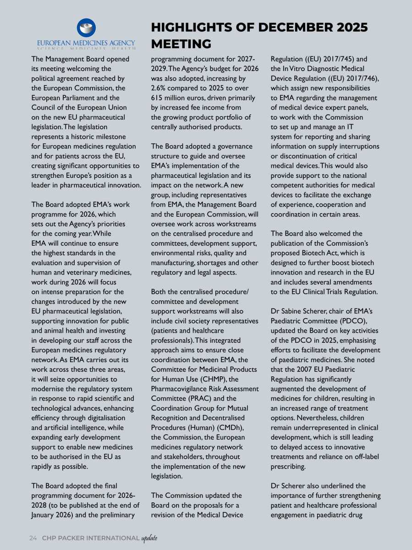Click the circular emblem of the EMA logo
(86, 28)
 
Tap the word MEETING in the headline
(181, 44)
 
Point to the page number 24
(33, 538)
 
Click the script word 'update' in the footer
(149, 538)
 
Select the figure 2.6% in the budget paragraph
(159, 88)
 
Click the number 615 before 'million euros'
(158, 98)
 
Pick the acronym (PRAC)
(201, 398)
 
